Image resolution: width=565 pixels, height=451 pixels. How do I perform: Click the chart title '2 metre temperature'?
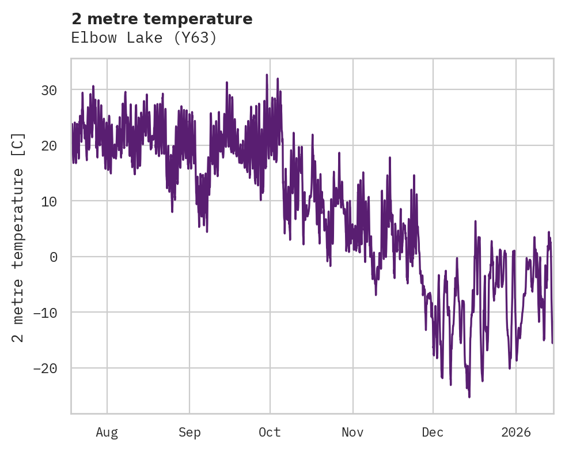[162, 19]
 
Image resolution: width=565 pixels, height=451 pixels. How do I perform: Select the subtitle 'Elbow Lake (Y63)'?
[143, 38]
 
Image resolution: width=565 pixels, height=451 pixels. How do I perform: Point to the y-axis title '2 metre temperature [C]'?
[18, 237]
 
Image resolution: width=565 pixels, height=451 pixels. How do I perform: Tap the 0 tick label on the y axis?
[53, 257]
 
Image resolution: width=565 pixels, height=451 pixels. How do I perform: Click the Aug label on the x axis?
[107, 432]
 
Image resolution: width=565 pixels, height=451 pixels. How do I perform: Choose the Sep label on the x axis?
[189, 432]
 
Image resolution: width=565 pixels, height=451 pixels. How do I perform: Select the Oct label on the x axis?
[270, 432]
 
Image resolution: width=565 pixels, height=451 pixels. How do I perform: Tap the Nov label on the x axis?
[352, 432]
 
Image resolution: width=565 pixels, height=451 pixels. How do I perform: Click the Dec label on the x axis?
[433, 432]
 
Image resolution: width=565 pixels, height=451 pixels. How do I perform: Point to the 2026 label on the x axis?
[515, 432]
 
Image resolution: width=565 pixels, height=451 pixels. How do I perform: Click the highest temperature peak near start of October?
[267, 74]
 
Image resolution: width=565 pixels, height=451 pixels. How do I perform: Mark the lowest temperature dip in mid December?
[469, 397]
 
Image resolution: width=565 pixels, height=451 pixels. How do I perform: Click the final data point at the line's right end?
[552, 343]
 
